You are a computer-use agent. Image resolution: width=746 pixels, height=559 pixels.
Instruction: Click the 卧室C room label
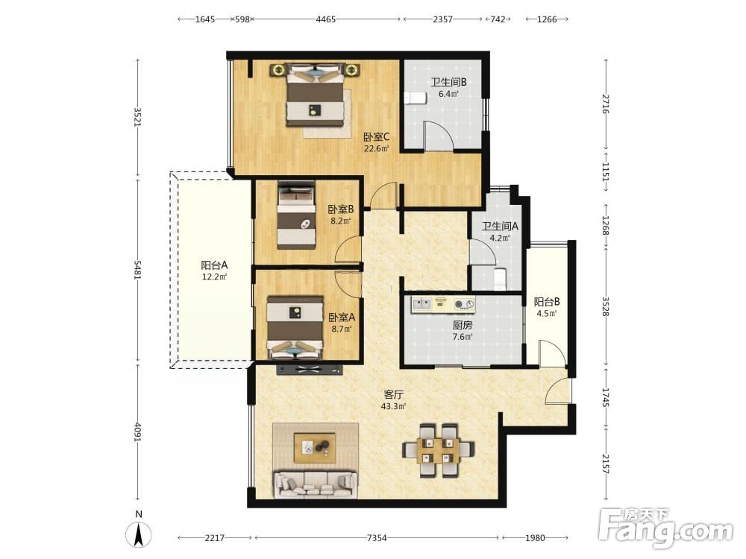(x=376, y=137)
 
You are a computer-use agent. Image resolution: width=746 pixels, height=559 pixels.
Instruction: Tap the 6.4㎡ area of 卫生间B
(x=448, y=94)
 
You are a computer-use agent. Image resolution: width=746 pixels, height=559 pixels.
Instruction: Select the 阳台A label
(x=214, y=265)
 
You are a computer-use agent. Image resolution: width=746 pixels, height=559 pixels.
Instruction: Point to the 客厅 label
(x=393, y=394)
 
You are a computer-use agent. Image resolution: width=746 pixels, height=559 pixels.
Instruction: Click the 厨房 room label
(x=462, y=325)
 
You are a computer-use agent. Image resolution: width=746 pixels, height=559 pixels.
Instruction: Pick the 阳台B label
(x=547, y=302)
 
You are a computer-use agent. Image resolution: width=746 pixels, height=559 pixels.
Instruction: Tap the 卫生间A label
(x=500, y=227)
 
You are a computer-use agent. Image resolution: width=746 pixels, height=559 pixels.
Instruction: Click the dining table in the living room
(x=438, y=449)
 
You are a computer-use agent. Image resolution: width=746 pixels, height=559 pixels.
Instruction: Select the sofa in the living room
(x=316, y=484)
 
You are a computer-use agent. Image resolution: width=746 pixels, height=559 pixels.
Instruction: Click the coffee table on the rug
(x=315, y=448)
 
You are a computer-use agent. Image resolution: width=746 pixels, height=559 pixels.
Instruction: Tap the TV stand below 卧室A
(x=310, y=370)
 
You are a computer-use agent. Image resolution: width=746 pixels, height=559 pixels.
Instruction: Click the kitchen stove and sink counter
(x=443, y=304)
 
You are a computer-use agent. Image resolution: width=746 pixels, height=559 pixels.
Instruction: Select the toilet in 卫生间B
(x=415, y=98)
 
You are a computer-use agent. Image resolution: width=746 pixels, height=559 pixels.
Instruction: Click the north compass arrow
(x=139, y=534)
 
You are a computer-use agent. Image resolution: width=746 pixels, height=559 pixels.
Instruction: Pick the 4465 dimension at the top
(x=326, y=19)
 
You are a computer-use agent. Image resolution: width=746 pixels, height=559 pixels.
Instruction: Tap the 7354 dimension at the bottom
(x=377, y=538)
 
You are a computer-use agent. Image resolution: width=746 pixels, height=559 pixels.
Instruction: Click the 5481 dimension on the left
(x=137, y=270)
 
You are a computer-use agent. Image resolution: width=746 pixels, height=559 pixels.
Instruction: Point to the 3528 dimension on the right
(x=606, y=306)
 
